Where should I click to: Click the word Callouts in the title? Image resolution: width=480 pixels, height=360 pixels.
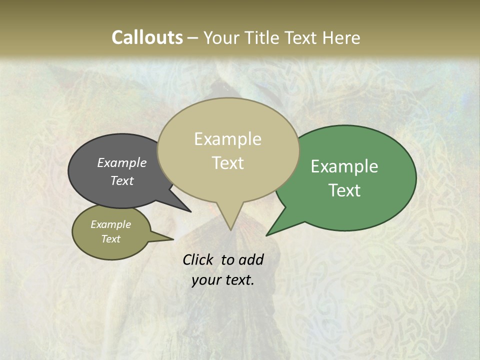[147, 37]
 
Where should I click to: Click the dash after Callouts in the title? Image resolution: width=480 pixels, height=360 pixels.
[193, 38]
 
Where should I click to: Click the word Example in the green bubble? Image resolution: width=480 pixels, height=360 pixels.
[344, 166]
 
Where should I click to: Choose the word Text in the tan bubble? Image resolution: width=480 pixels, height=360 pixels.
[228, 163]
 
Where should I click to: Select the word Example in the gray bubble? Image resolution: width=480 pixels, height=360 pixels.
[122, 162]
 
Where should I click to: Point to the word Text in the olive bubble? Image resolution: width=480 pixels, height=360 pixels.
[111, 239]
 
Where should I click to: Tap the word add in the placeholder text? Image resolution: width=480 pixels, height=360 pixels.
[250, 259]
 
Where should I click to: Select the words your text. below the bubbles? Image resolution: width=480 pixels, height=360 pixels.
[223, 280]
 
